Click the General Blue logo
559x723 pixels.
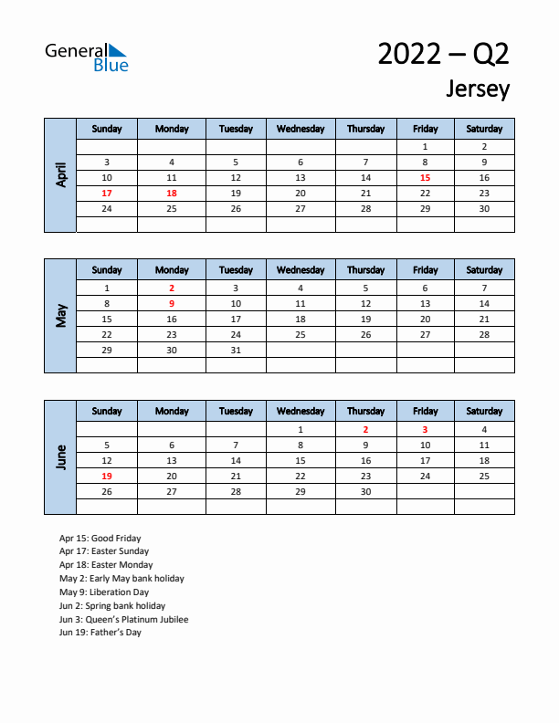click(87, 57)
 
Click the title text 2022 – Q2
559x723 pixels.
click(443, 55)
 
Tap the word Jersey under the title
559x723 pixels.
click(478, 89)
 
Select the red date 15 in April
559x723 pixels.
click(425, 177)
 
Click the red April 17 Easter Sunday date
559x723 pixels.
click(107, 193)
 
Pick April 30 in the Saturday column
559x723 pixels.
click(484, 208)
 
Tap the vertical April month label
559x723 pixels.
click(61, 174)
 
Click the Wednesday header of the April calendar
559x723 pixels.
click(301, 129)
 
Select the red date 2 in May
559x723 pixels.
click(172, 288)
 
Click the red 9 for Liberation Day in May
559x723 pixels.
click(172, 303)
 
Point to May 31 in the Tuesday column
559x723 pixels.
click(236, 350)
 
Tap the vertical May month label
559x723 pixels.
click(61, 316)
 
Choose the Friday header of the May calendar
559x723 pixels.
click(425, 270)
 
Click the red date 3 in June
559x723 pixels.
click(425, 429)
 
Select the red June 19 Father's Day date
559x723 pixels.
click(107, 476)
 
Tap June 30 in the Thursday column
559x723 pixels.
click(365, 491)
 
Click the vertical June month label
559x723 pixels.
click(61, 457)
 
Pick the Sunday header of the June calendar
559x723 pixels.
click(107, 412)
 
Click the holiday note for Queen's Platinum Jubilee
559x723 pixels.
click(124, 619)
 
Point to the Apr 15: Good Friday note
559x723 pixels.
click(100, 538)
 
